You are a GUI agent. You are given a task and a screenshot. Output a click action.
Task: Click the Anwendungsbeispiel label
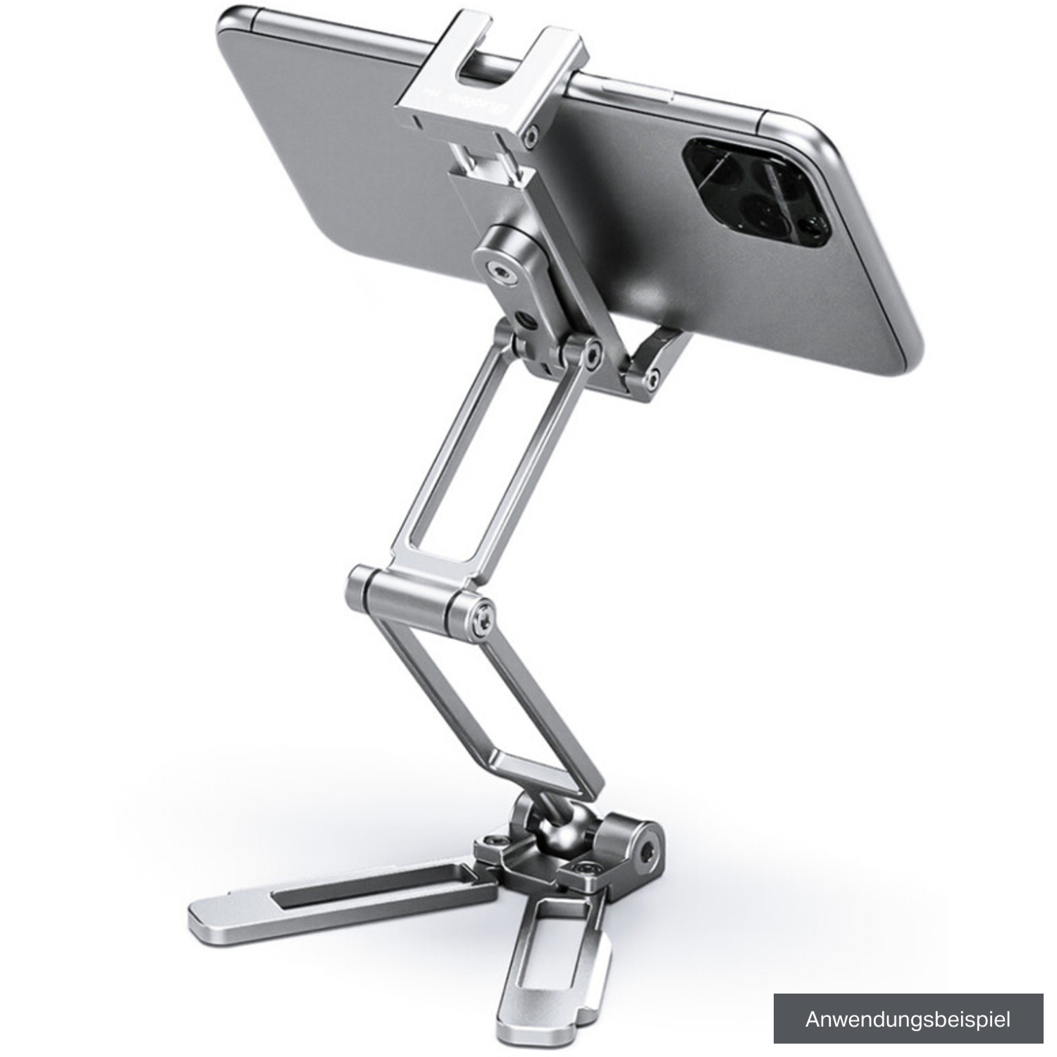pyautogui.click(x=908, y=1018)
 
